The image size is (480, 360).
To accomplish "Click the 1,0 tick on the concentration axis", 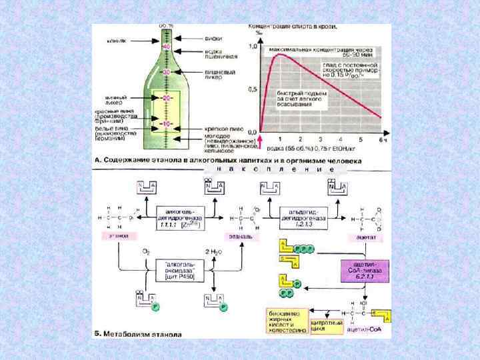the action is [252, 47].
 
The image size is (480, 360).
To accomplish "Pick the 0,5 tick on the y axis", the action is [252, 89].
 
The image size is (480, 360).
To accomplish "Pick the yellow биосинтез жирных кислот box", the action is [288, 321].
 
